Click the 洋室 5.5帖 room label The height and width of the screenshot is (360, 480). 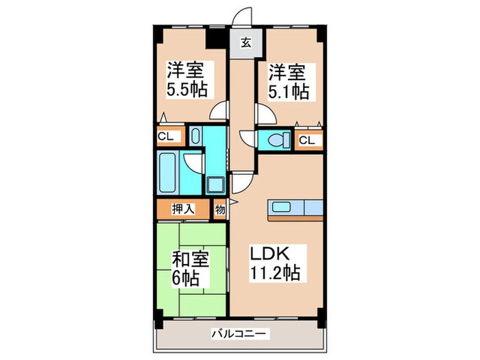tap(187, 80)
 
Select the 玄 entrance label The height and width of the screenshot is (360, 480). tap(245, 43)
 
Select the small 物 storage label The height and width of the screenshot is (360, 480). tap(220, 208)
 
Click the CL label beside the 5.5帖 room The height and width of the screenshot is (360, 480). tap(166, 136)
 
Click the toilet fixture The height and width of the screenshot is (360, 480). tap(277, 141)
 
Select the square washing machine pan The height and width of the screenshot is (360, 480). tap(215, 184)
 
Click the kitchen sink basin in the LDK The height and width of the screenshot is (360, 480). tap(282, 207)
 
